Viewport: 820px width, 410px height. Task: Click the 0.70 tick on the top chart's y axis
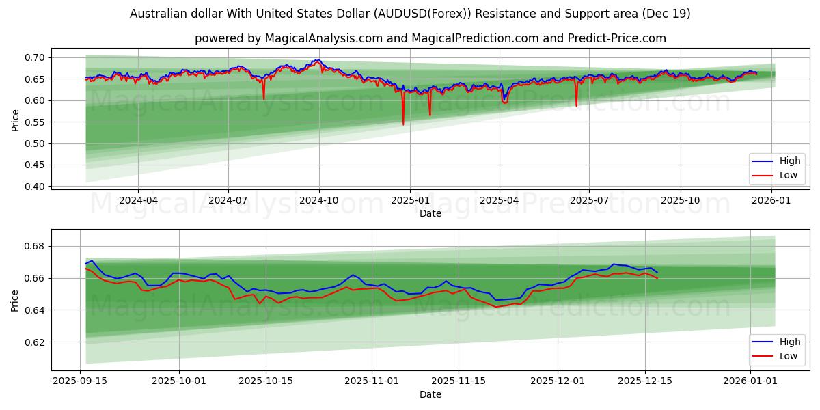coord(35,57)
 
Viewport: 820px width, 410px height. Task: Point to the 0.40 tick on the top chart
coord(35,187)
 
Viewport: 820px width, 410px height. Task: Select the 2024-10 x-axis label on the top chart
coord(319,201)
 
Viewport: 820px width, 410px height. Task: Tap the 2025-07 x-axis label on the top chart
coord(589,201)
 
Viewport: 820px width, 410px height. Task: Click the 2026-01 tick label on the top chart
coord(769,201)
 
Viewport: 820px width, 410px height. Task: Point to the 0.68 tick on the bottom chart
coord(35,246)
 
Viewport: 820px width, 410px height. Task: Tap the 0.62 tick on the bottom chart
coord(35,342)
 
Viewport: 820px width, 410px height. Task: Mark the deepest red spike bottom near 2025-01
coord(403,124)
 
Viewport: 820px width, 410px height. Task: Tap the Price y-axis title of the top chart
coord(15,121)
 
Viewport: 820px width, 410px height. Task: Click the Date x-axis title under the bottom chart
coord(430,394)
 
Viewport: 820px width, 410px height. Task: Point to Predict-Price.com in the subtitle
coord(617,38)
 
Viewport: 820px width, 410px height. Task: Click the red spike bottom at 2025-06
coord(576,106)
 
